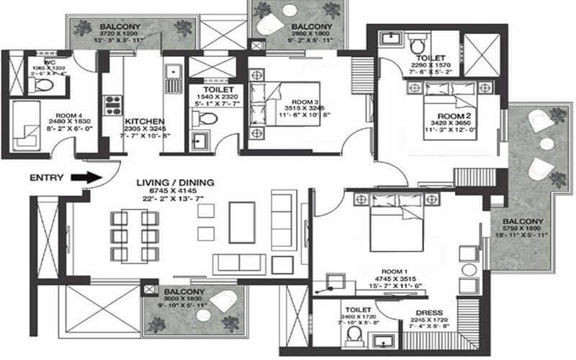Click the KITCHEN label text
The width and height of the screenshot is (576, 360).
coord(145,122)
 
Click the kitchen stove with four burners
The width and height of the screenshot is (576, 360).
coord(114,106)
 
